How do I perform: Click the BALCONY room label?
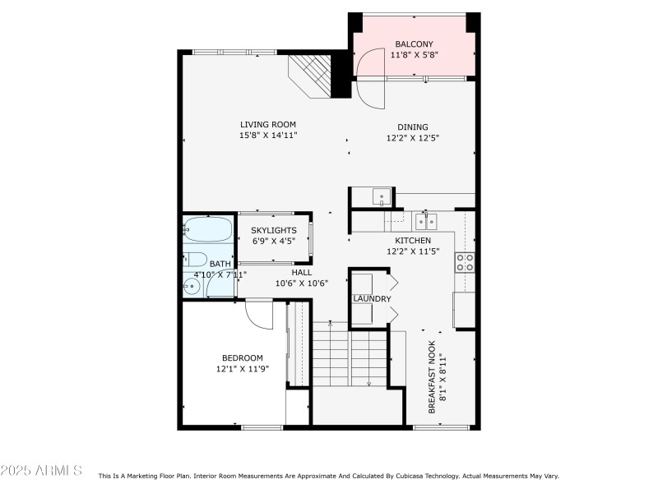tap(414, 44)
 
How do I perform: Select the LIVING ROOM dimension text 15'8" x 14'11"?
tap(268, 135)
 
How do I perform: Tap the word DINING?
tap(413, 127)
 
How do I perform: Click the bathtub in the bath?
tap(208, 229)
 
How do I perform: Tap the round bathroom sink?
tap(192, 286)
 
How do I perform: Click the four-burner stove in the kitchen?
tap(465, 262)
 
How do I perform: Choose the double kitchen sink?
tap(425, 220)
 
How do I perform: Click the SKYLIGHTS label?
tap(274, 230)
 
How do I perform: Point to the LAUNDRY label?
tap(372, 298)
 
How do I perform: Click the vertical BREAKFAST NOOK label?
tap(435, 382)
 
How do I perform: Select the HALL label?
tap(301, 272)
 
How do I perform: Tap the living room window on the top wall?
tap(224, 53)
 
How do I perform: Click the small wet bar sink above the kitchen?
tap(382, 197)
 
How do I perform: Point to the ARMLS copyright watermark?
tap(41, 471)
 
